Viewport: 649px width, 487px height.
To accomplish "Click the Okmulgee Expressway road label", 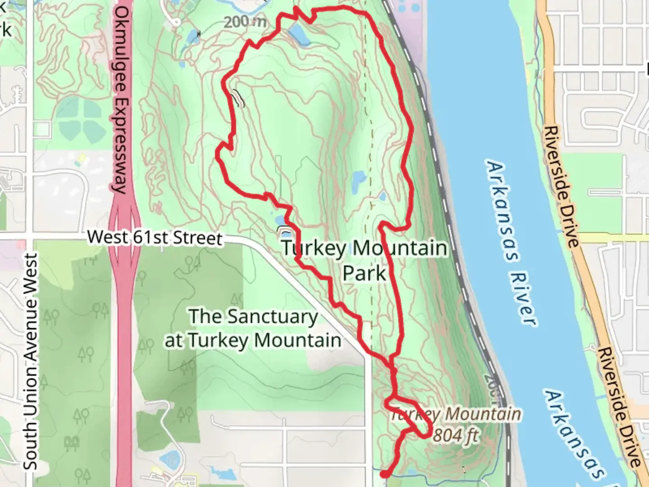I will (120, 100).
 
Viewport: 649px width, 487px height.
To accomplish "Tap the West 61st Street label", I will (155, 237).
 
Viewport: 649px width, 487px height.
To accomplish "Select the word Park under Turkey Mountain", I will (364, 273).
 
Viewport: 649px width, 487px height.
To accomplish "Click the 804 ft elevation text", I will (456, 436).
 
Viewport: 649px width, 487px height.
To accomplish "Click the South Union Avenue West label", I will (31, 361).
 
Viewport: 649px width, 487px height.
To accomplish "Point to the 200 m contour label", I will (245, 21).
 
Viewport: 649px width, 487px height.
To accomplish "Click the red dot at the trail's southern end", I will (384, 474).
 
